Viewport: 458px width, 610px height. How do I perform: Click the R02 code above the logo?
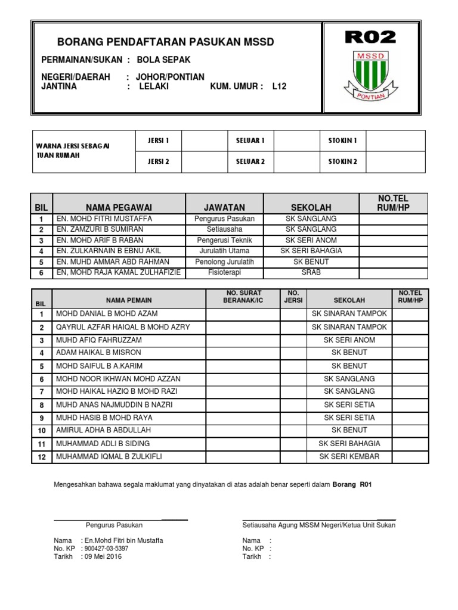370,38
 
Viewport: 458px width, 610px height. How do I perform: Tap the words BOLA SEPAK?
164,60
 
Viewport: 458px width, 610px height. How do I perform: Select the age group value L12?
279,86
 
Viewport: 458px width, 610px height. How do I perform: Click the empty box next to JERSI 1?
205,141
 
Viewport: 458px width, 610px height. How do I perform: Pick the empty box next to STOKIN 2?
395,161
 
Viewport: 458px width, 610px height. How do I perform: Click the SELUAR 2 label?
250,161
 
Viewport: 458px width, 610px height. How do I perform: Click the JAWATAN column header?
224,207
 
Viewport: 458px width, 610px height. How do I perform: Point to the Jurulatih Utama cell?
224,251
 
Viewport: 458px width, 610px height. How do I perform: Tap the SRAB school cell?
311,272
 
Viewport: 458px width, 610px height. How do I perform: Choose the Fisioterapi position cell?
224,272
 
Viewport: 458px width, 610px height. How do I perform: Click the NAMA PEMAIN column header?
129,301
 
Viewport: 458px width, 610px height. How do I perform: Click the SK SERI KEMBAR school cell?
349,457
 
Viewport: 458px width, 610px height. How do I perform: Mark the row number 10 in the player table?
42,431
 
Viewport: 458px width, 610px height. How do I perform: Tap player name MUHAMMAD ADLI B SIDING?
103,444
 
